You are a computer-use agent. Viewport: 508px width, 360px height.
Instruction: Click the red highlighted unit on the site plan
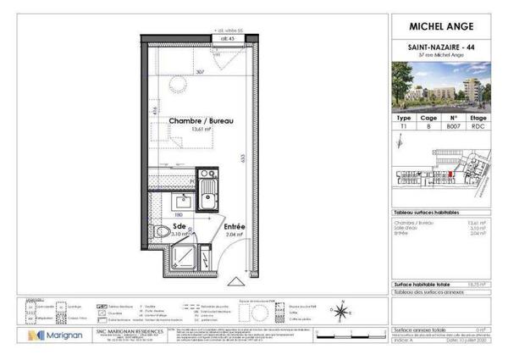tap(450, 176)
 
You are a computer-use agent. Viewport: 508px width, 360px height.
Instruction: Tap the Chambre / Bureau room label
tap(200, 122)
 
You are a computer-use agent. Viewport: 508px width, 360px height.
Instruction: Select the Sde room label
tap(179, 227)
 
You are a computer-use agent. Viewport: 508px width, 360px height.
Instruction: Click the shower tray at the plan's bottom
tap(182, 259)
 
